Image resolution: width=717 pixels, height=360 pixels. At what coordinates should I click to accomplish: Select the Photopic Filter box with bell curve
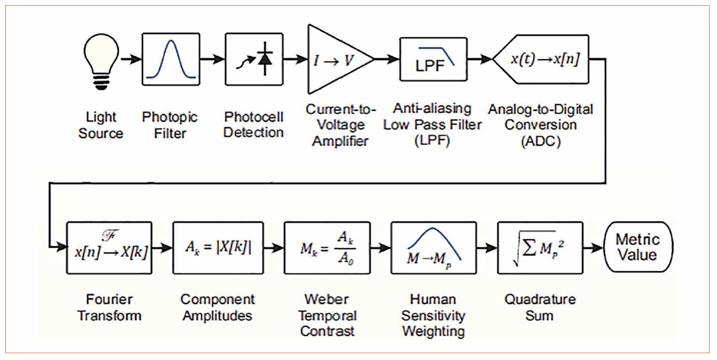coord(171,59)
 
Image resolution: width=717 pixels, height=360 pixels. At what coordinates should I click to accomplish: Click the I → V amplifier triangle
coord(336,59)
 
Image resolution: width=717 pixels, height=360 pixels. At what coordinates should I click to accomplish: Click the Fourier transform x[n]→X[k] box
coord(109,247)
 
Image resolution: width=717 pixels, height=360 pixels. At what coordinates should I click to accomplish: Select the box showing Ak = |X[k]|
coord(218,247)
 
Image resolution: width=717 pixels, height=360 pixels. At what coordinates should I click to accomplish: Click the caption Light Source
coord(100,125)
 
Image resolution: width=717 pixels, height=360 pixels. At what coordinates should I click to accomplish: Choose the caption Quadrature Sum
coord(540,307)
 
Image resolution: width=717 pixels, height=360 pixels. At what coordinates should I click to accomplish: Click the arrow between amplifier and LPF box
coord(387,59)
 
